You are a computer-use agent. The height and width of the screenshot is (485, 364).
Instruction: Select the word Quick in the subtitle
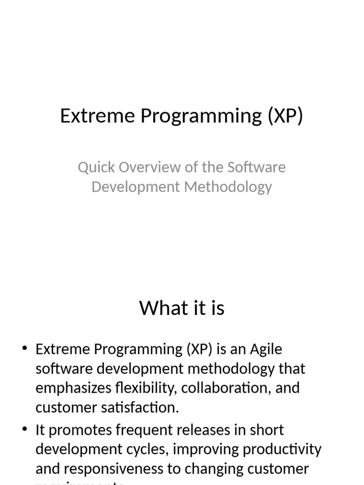96,167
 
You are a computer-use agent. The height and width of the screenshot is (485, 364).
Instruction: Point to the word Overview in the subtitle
147,167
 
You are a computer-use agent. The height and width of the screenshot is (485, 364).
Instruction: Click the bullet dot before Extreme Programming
25,350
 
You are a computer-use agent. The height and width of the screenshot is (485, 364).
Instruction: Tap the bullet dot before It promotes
25,430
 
